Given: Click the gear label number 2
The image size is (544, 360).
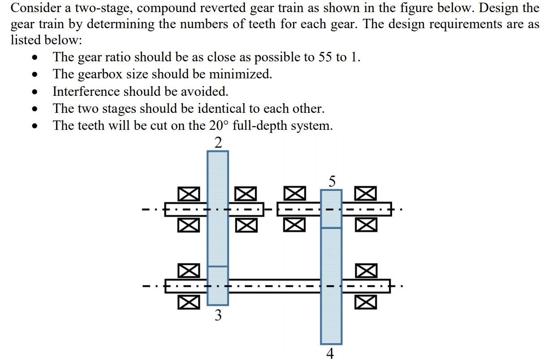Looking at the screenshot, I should [x=218, y=143].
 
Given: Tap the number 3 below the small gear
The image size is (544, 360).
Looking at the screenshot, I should [x=218, y=316].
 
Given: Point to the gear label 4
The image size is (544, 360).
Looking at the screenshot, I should [x=331, y=354].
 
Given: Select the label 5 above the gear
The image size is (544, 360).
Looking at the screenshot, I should [x=332, y=181].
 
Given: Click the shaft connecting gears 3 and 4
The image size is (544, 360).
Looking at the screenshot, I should [x=274, y=286].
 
